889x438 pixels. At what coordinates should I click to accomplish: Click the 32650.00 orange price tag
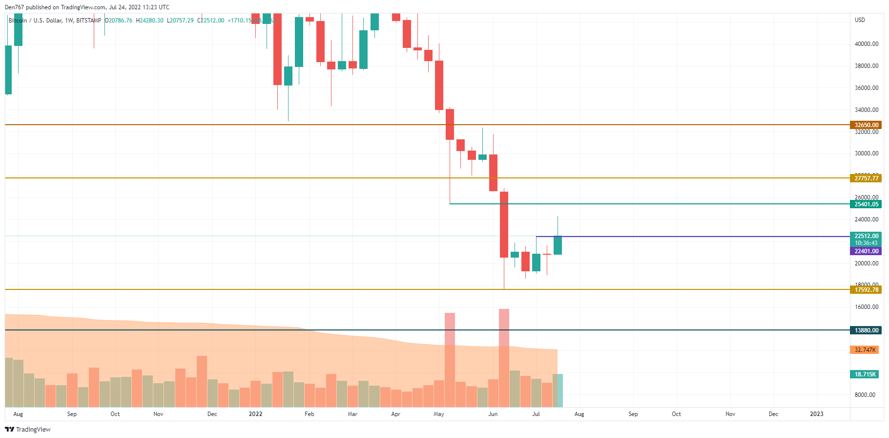click(x=866, y=125)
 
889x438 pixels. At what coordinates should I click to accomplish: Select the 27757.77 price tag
click(x=866, y=178)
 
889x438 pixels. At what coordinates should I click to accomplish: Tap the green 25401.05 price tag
click(x=866, y=204)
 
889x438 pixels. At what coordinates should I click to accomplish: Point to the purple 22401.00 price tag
click(x=866, y=251)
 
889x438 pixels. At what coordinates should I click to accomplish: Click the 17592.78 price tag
click(x=866, y=290)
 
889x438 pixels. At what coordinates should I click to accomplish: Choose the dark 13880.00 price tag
click(x=866, y=330)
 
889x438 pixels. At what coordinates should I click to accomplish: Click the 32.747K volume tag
click(x=865, y=350)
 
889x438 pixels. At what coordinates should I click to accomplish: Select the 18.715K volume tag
click(x=865, y=374)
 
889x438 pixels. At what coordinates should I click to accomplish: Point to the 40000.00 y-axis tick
click(x=866, y=44)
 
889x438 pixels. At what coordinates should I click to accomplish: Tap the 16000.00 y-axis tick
click(x=866, y=307)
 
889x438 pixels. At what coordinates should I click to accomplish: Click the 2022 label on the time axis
click(x=255, y=414)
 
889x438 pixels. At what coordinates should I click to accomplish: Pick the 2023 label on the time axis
click(x=816, y=414)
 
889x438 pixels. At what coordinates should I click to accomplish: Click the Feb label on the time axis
click(x=309, y=414)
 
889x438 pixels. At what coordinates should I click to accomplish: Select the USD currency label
click(x=860, y=20)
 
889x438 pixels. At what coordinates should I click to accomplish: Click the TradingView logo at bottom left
click(x=28, y=429)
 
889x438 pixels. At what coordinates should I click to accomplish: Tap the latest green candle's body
click(x=558, y=245)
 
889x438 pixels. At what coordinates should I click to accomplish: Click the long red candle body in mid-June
click(x=504, y=224)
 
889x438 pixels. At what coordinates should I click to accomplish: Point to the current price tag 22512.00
click(x=866, y=236)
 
